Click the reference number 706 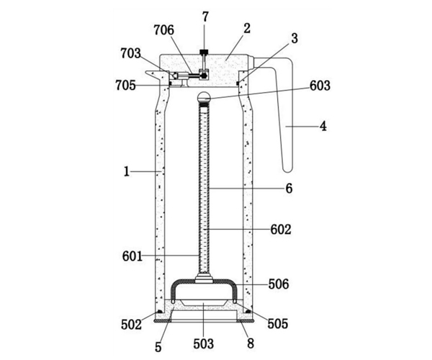pos(164,30)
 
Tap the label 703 pos(130,53)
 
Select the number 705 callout pos(125,86)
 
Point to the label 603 pos(320,86)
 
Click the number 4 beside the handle pos(323,127)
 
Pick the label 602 pos(281,230)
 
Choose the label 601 pos(132,256)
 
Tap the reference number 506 pos(279,284)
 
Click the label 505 pos(278,324)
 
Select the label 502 pos(132,325)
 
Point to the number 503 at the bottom pos(204,343)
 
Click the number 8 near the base pos(251,343)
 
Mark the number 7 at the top pos(205,17)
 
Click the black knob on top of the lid pos(204,52)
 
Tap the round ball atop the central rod pos(204,97)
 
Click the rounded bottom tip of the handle pos(287,170)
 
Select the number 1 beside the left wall pos(127,172)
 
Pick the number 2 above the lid pos(247,28)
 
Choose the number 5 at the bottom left pos(158,347)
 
